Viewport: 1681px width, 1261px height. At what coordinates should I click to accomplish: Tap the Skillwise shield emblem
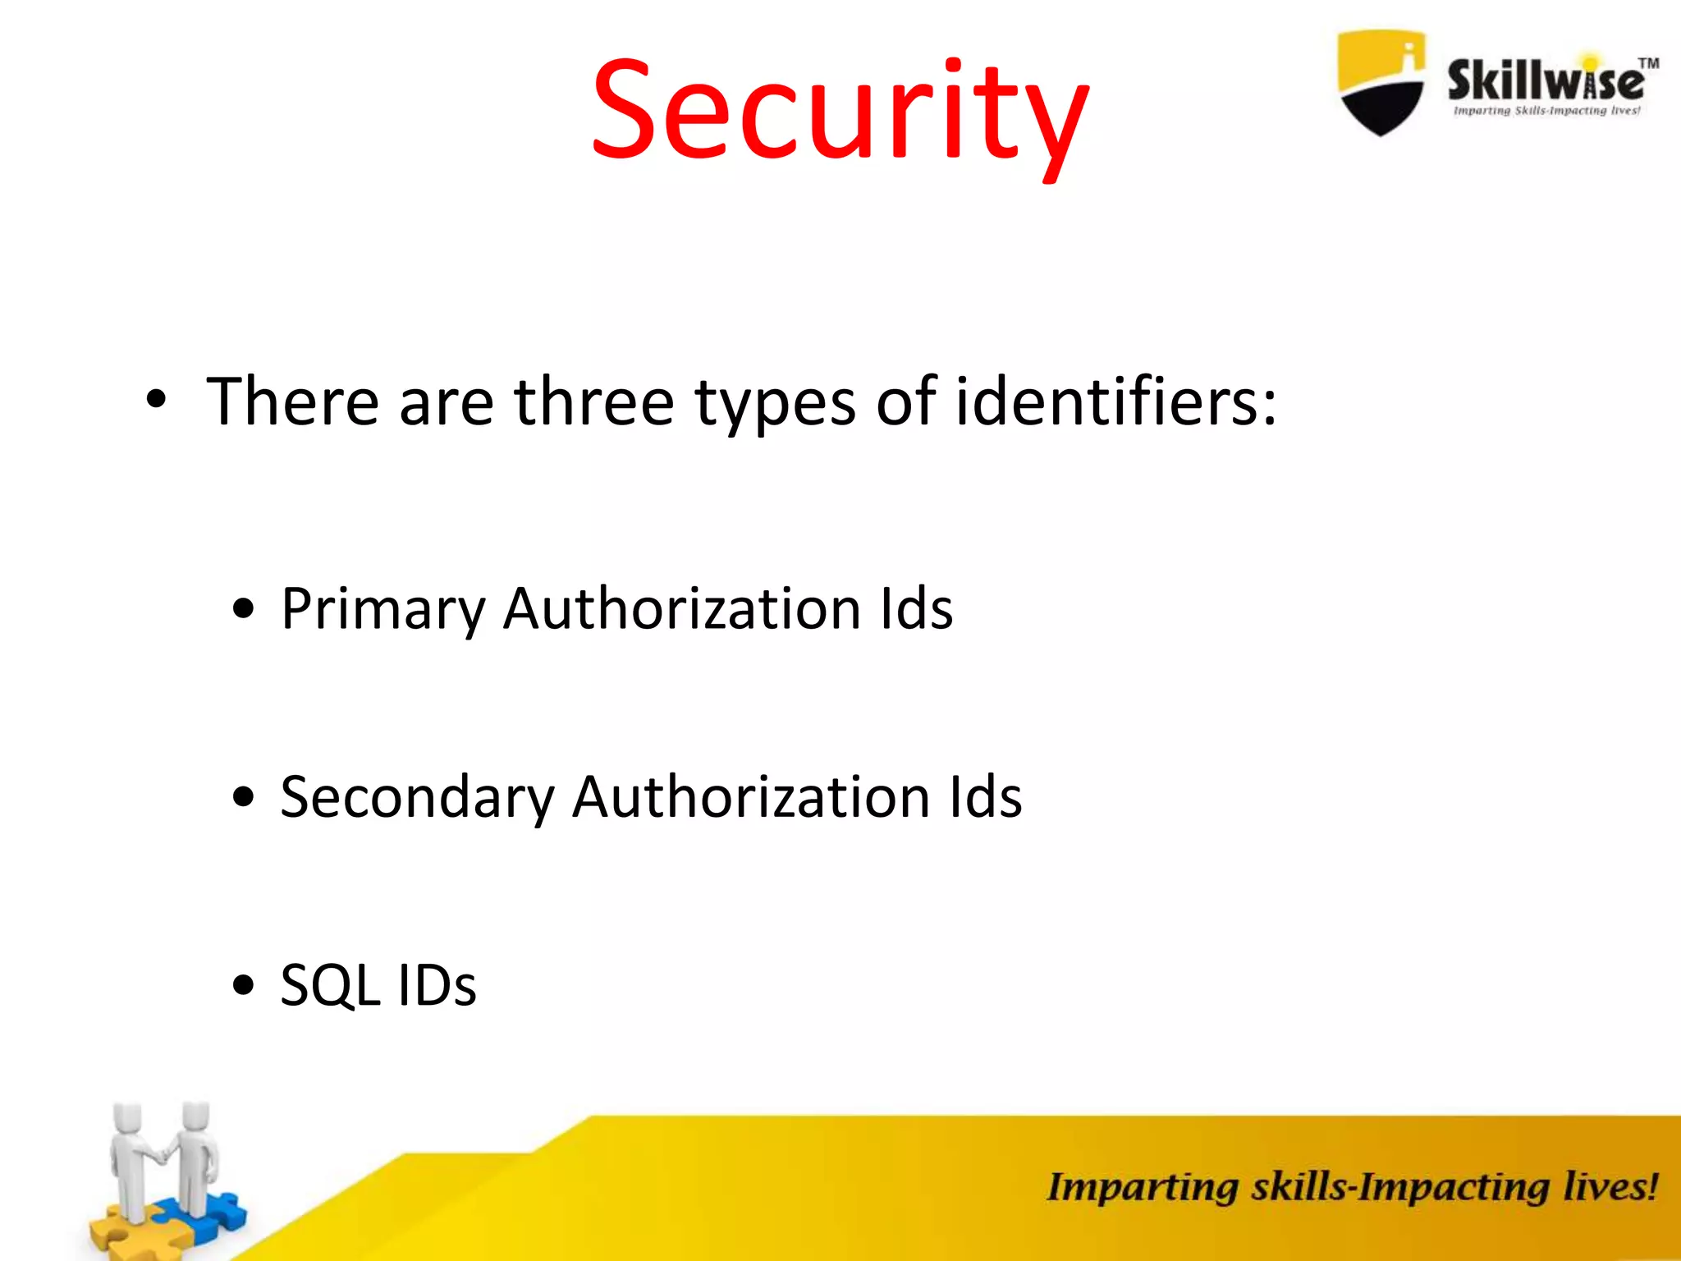pyautogui.click(x=1381, y=82)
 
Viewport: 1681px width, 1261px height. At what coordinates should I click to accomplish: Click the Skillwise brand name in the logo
pyautogui.click(x=1546, y=81)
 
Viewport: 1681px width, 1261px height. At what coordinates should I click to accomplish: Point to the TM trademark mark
pyautogui.click(x=1648, y=63)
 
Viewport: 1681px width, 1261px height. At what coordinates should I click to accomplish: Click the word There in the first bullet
pyautogui.click(x=292, y=401)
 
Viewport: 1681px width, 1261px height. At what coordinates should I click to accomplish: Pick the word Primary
pyautogui.click(x=383, y=610)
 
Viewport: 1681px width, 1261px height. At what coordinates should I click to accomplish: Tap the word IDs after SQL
pyautogui.click(x=436, y=985)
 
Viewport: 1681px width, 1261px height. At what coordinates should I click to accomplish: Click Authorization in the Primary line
pyautogui.click(x=682, y=609)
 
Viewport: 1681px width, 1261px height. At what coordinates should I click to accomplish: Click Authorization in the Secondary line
pyautogui.click(x=751, y=797)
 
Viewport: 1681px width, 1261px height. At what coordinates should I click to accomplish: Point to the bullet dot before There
pyautogui.click(x=156, y=401)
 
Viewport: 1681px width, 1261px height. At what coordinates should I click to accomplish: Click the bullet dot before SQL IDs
pyautogui.click(x=243, y=984)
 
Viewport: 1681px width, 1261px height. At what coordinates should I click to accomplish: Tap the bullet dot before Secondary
pyautogui.click(x=243, y=796)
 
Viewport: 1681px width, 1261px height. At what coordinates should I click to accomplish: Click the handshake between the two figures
pyautogui.click(x=163, y=1154)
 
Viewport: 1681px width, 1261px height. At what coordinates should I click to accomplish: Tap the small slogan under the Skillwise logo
pyautogui.click(x=1546, y=111)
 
